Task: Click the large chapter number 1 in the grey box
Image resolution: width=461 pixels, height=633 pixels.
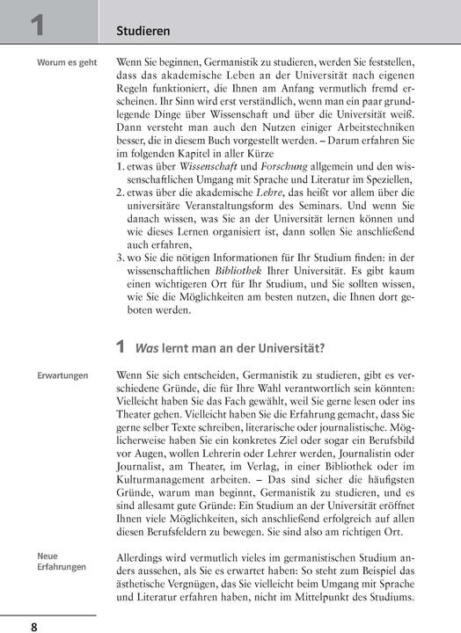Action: pyautogui.click(x=37, y=24)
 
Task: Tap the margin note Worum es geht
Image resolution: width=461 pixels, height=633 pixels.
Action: pyautogui.click(x=67, y=63)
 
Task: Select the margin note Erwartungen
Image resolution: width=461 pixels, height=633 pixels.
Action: pyautogui.click(x=62, y=375)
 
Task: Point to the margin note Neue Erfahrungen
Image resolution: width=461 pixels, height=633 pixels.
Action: pyautogui.click(x=62, y=561)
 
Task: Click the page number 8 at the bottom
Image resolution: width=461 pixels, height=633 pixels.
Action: pyautogui.click(x=34, y=626)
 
